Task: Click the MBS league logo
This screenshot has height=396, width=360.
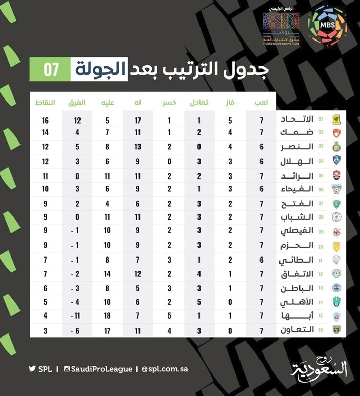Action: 327,25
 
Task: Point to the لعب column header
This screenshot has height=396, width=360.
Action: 261,102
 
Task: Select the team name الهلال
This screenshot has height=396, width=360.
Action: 298,162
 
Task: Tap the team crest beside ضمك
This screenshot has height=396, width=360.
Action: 336,133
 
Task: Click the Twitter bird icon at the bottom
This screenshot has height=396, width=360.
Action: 32,369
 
